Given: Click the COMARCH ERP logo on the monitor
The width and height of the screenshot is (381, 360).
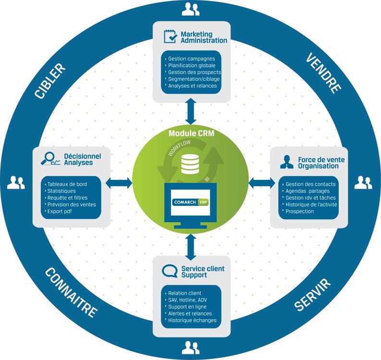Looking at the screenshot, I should coord(190,202).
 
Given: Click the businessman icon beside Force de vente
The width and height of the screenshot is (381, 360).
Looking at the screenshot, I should coord(286,162).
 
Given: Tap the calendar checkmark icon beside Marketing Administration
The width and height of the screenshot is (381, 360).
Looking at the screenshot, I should coord(170,37).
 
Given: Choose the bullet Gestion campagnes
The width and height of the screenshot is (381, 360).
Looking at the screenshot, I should coord(191,59).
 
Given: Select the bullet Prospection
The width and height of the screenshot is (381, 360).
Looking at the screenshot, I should coord(299,211).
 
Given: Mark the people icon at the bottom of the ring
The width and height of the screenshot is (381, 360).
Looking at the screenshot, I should coord(191,348).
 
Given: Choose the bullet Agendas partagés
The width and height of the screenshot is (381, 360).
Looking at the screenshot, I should coord(307,191).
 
